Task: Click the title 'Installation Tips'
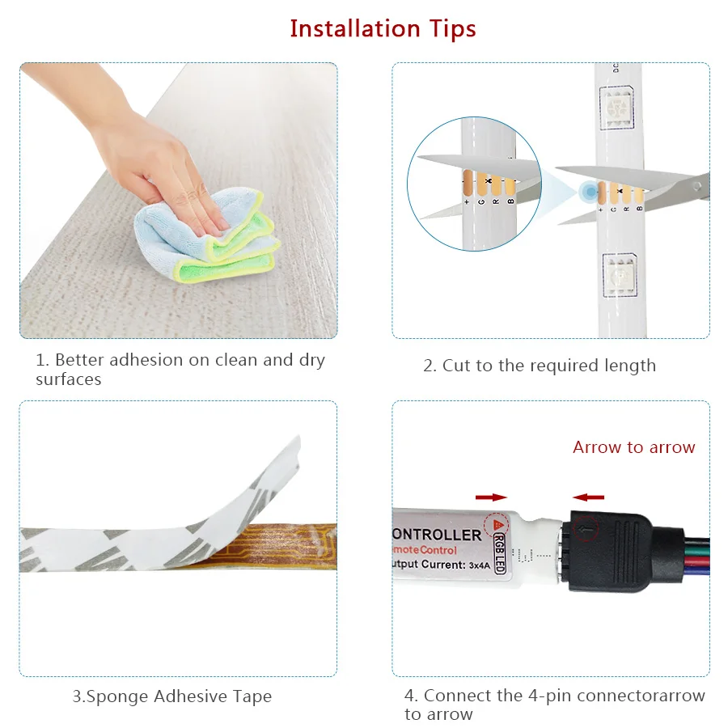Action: point(383,28)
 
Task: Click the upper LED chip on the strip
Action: point(617,106)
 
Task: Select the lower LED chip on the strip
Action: point(620,273)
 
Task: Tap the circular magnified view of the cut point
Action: point(473,182)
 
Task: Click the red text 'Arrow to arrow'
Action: point(633,447)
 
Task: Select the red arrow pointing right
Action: point(491,497)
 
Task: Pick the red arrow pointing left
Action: point(588,497)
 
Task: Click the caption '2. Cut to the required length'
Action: point(539,366)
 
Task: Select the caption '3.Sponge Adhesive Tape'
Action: point(171,696)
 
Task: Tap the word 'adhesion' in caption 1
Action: point(146,360)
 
